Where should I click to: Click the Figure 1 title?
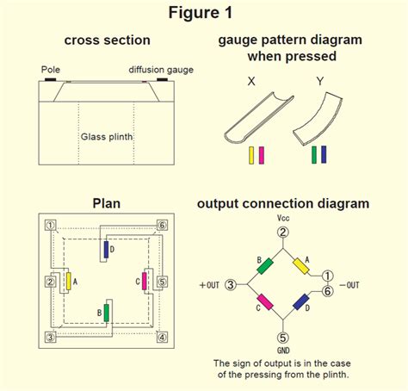[x=204, y=14]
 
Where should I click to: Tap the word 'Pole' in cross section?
[x=51, y=69]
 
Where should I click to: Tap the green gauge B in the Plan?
[x=106, y=312]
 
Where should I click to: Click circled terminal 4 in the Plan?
[x=161, y=337]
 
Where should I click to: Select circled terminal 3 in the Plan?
[x=51, y=337]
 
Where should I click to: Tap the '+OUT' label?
[x=210, y=283]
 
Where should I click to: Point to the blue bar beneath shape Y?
[x=324, y=155]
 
